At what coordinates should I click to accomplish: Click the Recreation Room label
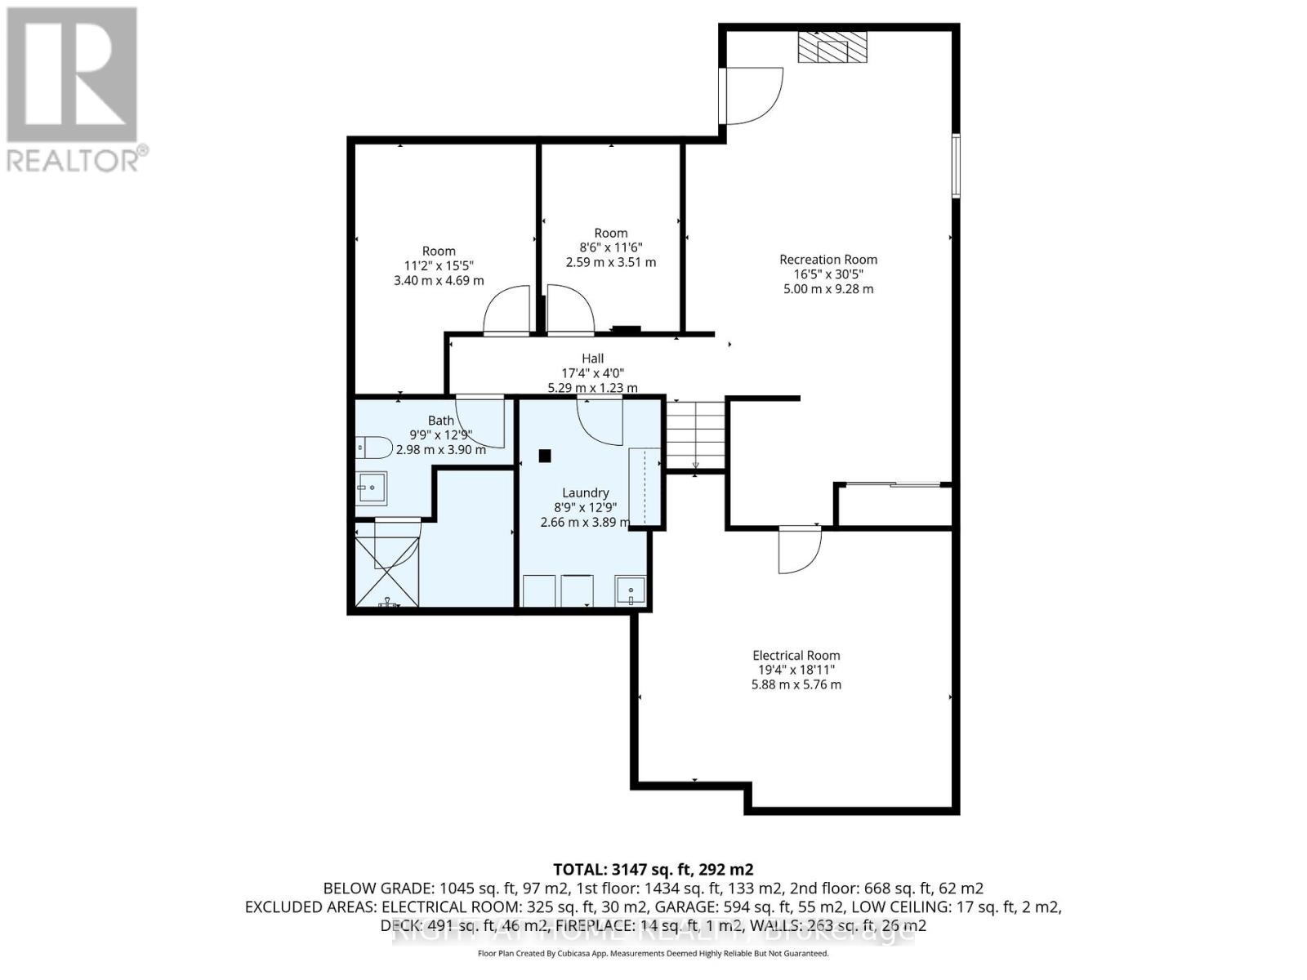pyautogui.click(x=827, y=260)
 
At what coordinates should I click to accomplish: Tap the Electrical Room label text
pyautogui.click(x=796, y=655)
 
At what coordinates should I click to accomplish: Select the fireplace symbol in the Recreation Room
pyautogui.click(x=832, y=47)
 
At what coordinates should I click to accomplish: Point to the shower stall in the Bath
pyautogui.click(x=387, y=563)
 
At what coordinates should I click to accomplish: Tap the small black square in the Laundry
pyautogui.click(x=545, y=457)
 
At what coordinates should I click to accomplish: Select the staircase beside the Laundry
pyautogui.click(x=695, y=434)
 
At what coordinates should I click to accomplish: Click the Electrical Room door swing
pyautogui.click(x=798, y=549)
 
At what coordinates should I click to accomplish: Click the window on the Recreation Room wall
pyautogui.click(x=956, y=166)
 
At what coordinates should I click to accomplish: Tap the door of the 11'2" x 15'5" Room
pyautogui.click(x=507, y=313)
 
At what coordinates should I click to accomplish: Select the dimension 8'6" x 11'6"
pyautogui.click(x=610, y=247)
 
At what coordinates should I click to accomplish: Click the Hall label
pyautogui.click(x=593, y=359)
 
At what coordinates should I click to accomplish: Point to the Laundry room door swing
pyautogui.click(x=600, y=419)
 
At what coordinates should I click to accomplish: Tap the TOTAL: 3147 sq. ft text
pyautogui.click(x=653, y=869)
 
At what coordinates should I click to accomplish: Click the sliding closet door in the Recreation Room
pyautogui.click(x=893, y=485)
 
